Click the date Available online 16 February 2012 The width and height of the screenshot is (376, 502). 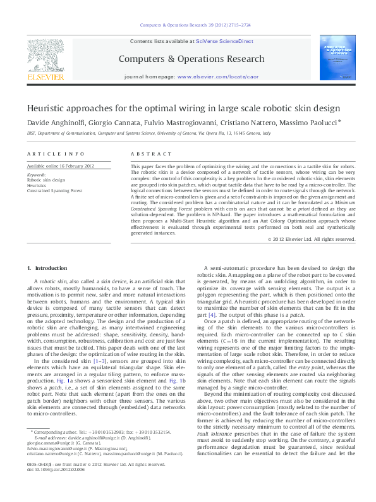(x=60, y=166)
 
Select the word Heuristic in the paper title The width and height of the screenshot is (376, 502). (x=45, y=108)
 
